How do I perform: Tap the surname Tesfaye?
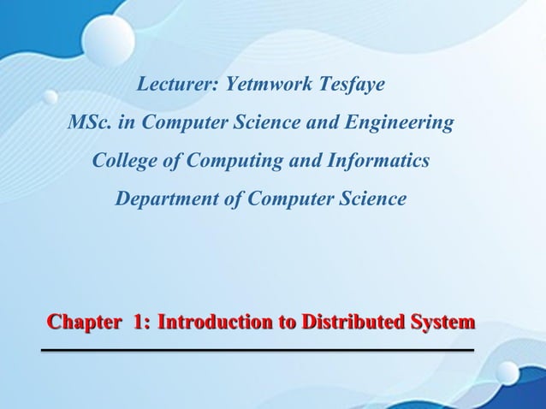[x=352, y=85]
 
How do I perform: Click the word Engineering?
[x=397, y=122]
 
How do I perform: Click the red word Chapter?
[x=84, y=323]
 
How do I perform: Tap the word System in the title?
[x=442, y=323]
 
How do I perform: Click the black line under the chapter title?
[x=258, y=350]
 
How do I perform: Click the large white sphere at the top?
[x=109, y=39]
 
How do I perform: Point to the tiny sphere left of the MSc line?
[x=50, y=97]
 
